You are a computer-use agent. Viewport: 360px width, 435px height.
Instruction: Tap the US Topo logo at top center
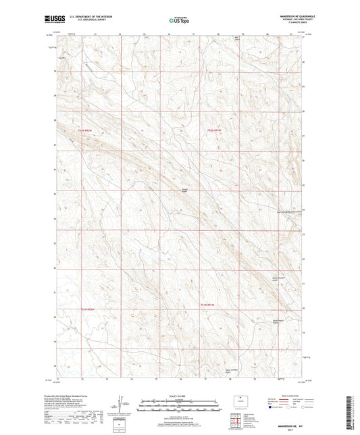pyautogui.click(x=178, y=22)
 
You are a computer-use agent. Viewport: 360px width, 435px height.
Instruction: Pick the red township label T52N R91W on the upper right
pyautogui.click(x=214, y=130)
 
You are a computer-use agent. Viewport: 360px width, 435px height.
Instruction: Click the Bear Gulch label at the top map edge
pyautogui.click(x=237, y=38)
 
